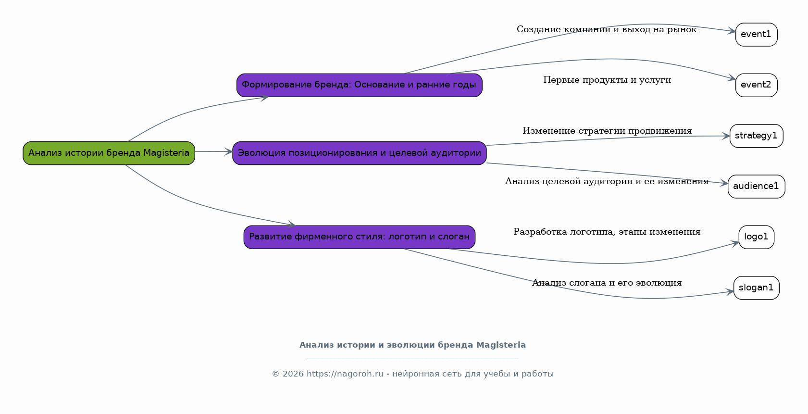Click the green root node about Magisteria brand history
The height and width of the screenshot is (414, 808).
tap(109, 153)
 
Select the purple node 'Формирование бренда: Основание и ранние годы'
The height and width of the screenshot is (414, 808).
tap(359, 85)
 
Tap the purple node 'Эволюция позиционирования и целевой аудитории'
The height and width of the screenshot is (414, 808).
tap(359, 153)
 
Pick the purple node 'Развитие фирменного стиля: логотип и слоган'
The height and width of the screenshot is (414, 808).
tap(359, 237)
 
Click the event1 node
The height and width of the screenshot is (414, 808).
tap(756, 35)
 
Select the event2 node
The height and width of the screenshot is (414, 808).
tap(756, 85)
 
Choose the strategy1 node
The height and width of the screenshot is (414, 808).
tap(756, 136)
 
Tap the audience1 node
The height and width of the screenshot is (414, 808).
tap(756, 187)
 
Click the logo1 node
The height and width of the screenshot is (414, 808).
tap(756, 237)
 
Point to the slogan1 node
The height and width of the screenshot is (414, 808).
tap(756, 288)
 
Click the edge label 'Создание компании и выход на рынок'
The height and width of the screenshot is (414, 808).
tap(606, 30)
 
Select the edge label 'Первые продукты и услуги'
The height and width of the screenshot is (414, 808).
tap(607, 80)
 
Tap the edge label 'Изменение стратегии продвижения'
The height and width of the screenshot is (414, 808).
tap(607, 131)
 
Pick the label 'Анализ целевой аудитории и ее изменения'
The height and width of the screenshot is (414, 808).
tap(606, 182)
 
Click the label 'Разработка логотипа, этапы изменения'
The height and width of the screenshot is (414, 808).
tap(607, 232)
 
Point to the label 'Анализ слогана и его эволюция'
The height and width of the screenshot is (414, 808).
tap(607, 283)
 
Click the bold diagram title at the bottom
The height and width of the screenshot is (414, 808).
tap(412, 345)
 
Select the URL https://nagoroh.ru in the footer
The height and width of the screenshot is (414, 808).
tap(345, 374)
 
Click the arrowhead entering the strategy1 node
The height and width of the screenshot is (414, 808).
tap(726, 136)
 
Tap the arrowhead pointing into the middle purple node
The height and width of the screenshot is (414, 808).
tap(229, 152)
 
